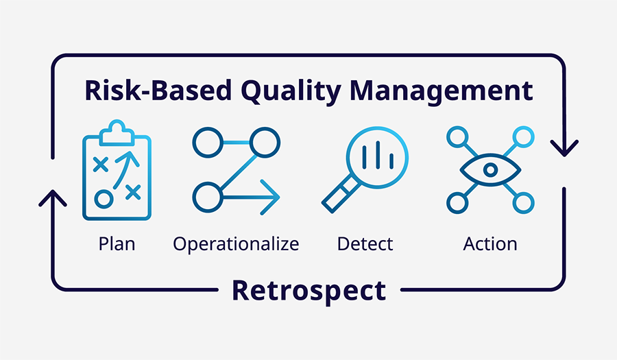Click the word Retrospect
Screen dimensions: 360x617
[x=308, y=290]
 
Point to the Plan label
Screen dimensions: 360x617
[x=117, y=243]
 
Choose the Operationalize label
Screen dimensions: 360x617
[x=236, y=243]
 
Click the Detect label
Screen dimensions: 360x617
[x=365, y=243]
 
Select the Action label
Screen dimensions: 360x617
[x=489, y=243]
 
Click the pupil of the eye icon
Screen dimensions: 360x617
[x=490, y=169]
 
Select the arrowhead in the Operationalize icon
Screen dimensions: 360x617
[x=271, y=197]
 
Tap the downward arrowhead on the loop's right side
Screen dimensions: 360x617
[x=564, y=147]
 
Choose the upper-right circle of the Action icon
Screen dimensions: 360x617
[x=524, y=136]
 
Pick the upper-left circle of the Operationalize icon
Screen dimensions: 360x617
[x=204, y=142]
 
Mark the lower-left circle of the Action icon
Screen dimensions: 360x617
[x=457, y=202]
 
